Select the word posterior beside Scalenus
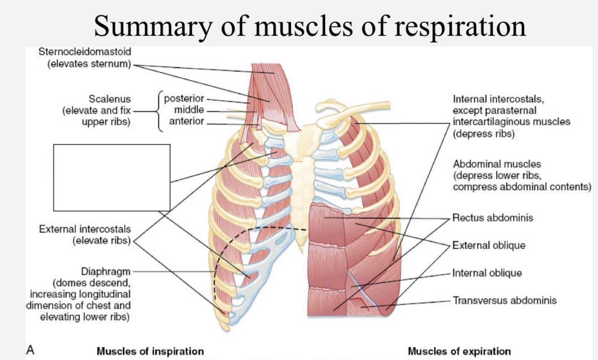[x=184, y=98]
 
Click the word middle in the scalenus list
[x=189, y=109]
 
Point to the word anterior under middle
[x=186, y=121]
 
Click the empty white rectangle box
[x=112, y=178]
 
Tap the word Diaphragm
[x=106, y=272]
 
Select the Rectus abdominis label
[x=493, y=218]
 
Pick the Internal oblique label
[x=487, y=273]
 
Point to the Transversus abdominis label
[x=504, y=300]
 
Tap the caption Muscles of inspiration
[x=150, y=351]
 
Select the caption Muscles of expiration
[x=459, y=351]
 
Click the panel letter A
[x=31, y=350]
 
